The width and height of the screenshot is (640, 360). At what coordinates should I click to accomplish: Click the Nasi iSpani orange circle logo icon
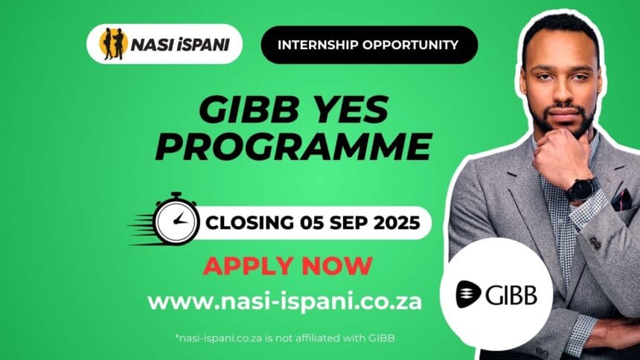coord(113,44)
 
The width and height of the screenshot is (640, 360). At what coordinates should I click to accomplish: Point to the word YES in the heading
coord(347,109)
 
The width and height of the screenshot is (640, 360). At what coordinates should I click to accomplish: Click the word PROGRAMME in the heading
coord(293,146)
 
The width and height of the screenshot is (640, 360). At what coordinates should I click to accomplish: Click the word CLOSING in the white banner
coord(249,223)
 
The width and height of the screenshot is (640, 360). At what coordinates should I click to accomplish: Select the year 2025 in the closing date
coord(397,223)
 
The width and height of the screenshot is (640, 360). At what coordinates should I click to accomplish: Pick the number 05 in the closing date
coord(312,223)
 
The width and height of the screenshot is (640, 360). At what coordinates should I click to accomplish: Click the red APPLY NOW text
coord(288,266)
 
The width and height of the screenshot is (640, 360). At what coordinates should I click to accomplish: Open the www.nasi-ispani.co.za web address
coord(284,302)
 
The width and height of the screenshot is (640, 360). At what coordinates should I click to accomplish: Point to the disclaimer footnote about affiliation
coord(285,338)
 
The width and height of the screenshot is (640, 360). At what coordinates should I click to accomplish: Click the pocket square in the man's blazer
coord(621,199)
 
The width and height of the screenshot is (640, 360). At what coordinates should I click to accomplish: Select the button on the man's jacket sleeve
coord(595,243)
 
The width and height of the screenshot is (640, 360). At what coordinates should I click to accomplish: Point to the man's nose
coord(561,91)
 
